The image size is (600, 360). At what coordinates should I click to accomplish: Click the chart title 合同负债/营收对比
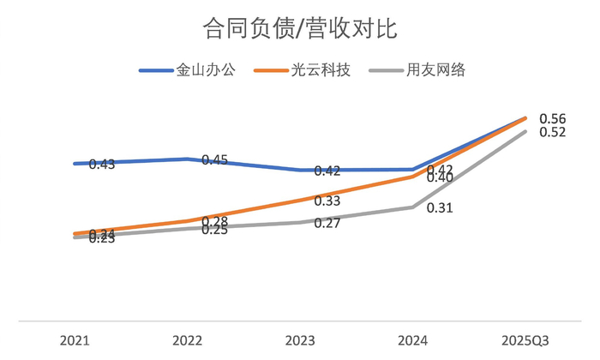coord(299,28)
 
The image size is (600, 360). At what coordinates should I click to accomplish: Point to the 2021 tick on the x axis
coord(75,340)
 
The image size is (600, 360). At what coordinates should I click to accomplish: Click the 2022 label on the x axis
coord(187,340)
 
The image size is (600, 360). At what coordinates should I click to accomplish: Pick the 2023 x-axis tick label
coord(300,340)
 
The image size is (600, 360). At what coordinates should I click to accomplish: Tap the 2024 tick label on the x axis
coord(413,340)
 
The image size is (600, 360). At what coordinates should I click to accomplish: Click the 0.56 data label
coord(552,118)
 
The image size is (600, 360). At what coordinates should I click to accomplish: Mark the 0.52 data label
coord(552,132)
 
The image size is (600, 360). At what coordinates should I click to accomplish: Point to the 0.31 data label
coord(439,207)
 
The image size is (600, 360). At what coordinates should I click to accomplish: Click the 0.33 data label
coord(327,201)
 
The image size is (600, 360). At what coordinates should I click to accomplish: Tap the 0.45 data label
coord(214,160)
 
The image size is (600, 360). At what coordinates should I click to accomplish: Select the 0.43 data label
coord(101,164)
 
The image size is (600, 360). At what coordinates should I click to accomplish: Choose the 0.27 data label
coord(327,223)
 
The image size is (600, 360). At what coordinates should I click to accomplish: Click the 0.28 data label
coord(214,221)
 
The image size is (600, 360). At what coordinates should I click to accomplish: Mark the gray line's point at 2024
coord(413,207)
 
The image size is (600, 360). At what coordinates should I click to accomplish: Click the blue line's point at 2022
coord(187,159)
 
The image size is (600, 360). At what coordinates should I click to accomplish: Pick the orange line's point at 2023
coord(300,200)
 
